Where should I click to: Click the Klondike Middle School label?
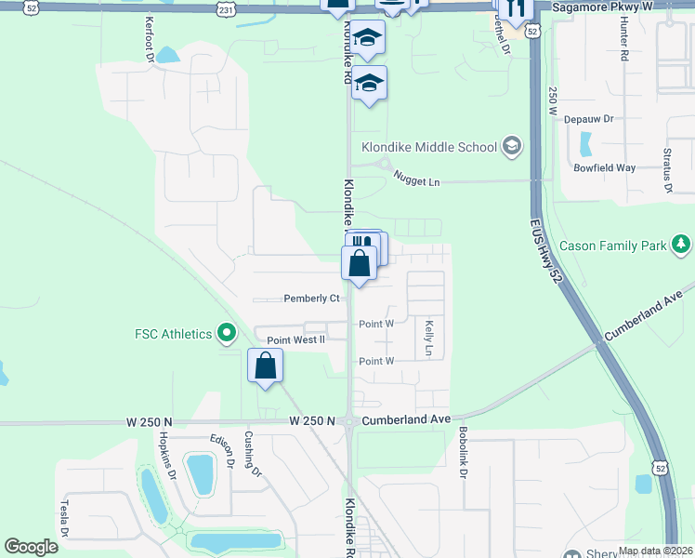coord(428,146)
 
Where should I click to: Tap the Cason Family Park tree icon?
coord(682,245)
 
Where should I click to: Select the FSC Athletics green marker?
coord(225,332)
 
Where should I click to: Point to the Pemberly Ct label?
coord(310,299)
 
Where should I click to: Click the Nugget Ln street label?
coord(415,179)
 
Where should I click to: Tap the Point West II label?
coord(296,340)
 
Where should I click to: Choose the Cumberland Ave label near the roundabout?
coord(406,420)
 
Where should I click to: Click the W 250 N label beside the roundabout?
coord(311,421)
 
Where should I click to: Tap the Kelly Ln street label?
coord(429,339)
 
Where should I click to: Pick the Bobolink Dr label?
coord(462,454)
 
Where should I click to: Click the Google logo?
coord(32,547)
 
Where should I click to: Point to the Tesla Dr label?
coord(66,519)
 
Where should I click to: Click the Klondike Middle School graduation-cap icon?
coord(510,146)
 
